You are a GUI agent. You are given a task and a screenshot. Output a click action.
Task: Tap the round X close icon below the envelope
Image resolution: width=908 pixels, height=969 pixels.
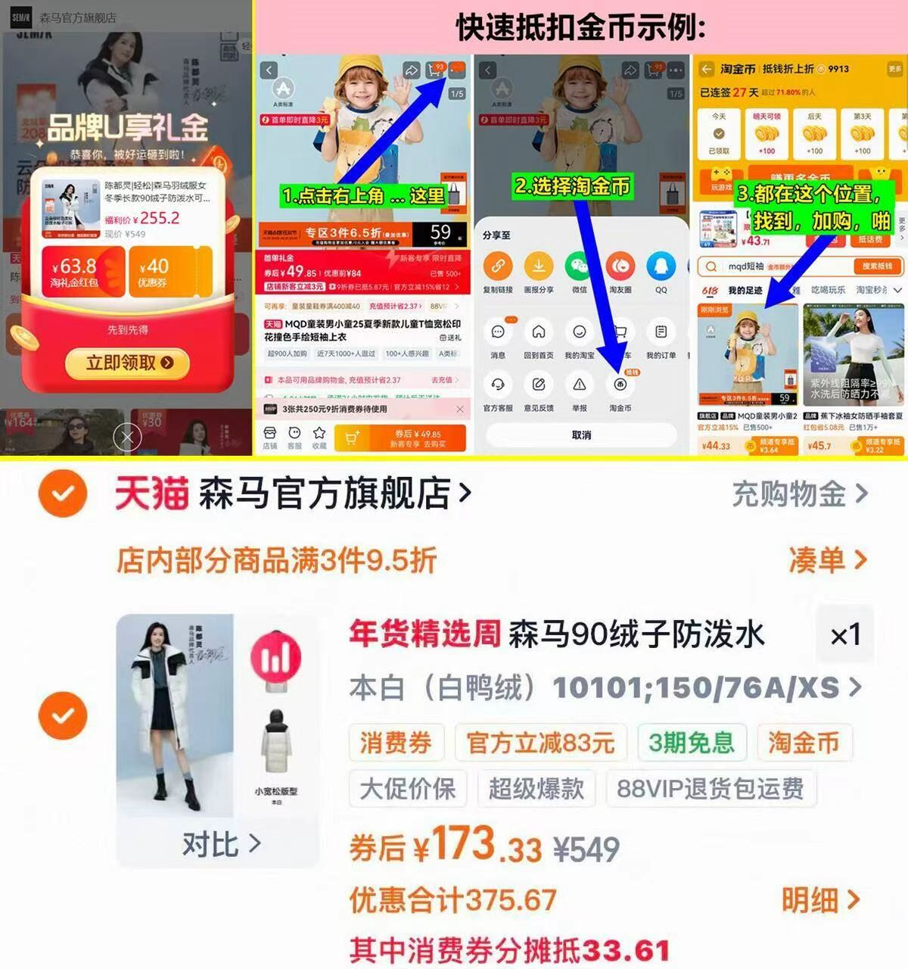pyautogui.click(x=127, y=437)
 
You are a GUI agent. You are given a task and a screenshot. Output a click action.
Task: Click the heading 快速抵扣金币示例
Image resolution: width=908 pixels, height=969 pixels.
pyautogui.click(x=580, y=28)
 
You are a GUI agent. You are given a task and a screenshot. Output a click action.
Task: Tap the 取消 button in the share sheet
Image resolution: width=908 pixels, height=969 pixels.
pyautogui.click(x=581, y=435)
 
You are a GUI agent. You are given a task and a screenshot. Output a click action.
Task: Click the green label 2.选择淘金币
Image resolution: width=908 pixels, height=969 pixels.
pyautogui.click(x=572, y=186)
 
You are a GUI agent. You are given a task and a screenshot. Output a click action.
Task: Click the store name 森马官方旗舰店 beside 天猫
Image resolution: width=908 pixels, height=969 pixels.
pyautogui.click(x=325, y=494)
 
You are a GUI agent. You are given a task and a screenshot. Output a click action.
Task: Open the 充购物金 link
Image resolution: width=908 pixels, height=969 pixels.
pyautogui.click(x=799, y=494)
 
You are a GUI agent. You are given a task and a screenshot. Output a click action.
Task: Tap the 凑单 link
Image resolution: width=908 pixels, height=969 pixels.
pyautogui.click(x=826, y=560)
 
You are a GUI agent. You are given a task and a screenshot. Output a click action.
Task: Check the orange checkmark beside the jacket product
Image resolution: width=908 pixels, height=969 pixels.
pyautogui.click(x=63, y=715)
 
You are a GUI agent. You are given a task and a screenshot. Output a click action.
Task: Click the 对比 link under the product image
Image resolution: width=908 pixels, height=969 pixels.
pyautogui.click(x=220, y=843)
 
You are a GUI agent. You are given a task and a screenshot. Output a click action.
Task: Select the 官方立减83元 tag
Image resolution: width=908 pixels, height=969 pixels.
pyautogui.click(x=540, y=743)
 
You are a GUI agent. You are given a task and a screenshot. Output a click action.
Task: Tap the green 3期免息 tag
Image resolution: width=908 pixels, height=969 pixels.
pyautogui.click(x=691, y=743)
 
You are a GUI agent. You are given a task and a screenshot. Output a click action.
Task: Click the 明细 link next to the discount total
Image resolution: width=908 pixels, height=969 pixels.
pyautogui.click(x=820, y=900)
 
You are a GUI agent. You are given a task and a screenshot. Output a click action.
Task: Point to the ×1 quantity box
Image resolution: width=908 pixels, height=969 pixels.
pyautogui.click(x=845, y=634)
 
